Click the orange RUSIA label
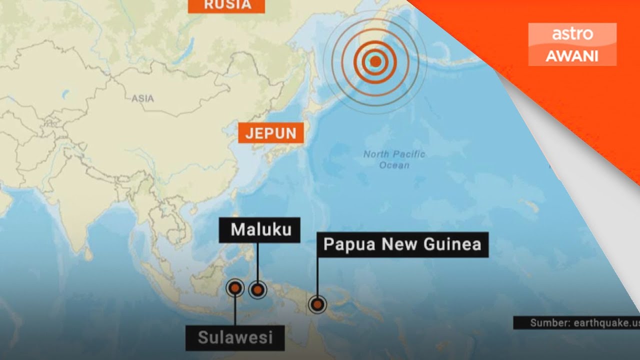pyautogui.click(x=226, y=5)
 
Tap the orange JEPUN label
pyautogui.click(x=271, y=133)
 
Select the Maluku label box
pyautogui.click(x=259, y=229)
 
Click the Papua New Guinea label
pyautogui.click(x=402, y=244)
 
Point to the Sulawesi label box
pyautogui.click(x=235, y=337)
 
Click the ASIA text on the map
pyautogui.click(x=142, y=98)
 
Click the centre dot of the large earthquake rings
pyautogui.click(x=375, y=62)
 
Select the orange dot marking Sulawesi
pyautogui.click(x=234, y=287)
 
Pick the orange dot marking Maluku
pyautogui.click(x=257, y=289)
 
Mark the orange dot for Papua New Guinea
pyautogui.click(x=317, y=304)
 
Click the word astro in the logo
pyautogui.click(x=572, y=34)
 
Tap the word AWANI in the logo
pyautogui.click(x=572, y=56)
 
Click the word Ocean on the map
pyautogui.click(x=394, y=165)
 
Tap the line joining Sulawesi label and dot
pyautogui.click(x=235, y=310)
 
